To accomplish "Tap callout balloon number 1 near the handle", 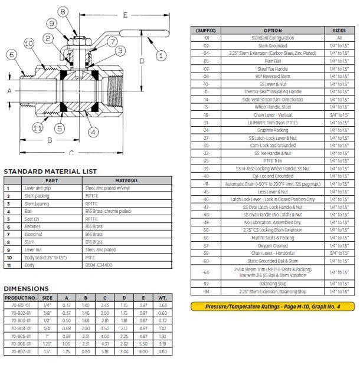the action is pos(161,55).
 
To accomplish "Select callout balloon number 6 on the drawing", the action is pos(12,55).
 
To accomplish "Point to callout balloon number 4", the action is pos(93,132).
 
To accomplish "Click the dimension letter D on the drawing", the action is pos(142,60).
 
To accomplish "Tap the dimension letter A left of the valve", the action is pos(9,91).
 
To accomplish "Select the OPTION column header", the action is pos(273,30).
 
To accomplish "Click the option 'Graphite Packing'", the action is pos(273,130).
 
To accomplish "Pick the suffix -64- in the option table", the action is pos(206,272).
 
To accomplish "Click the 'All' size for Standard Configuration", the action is pos(339,38).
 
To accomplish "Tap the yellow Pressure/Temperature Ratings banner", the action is pos(273,306).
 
